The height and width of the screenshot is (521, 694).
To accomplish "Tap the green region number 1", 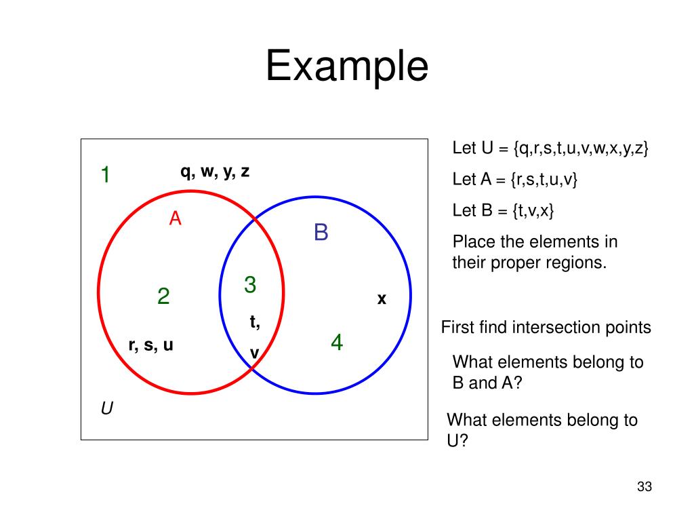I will [106, 175].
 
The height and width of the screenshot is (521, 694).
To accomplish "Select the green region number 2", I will [163, 296].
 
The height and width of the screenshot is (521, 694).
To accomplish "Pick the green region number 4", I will [337, 343].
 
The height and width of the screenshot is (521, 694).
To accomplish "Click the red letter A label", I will [176, 218].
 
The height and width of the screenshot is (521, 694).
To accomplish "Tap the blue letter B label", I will [321, 233].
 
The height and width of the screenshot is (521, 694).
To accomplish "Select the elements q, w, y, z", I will [215, 172].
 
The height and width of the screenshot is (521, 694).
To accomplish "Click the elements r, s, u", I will [151, 345].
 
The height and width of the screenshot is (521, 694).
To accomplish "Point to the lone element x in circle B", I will [382, 298].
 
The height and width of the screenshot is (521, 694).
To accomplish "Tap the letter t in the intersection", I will [254, 322].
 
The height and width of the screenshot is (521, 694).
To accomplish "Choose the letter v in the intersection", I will [255, 353].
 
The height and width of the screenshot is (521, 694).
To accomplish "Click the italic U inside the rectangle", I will [107, 408].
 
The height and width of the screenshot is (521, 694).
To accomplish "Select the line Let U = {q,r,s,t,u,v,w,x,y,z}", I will [550, 149].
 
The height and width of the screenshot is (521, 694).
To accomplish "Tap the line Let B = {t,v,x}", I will [503, 210].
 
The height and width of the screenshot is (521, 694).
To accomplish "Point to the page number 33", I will [644, 486].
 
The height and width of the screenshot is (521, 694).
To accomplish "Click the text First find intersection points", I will [546, 328].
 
